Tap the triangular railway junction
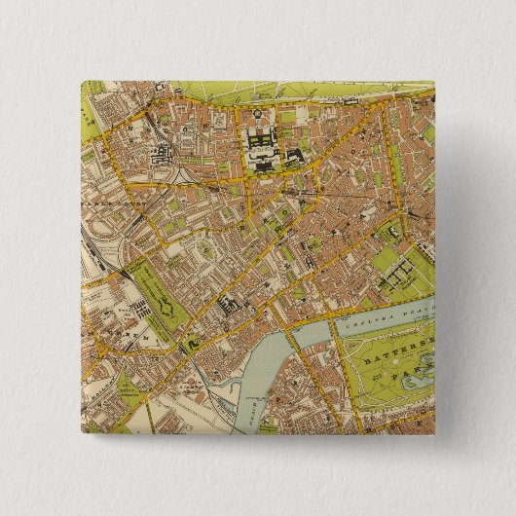pyautogui.click(x=185, y=176)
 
